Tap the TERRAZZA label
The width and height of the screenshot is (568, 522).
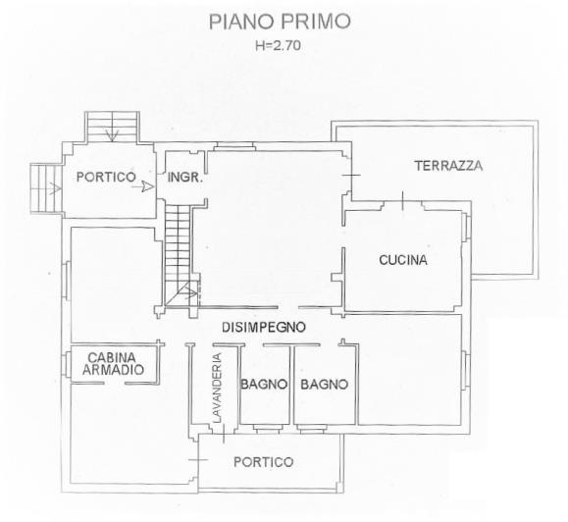[x=447, y=166]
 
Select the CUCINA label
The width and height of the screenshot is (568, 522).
[x=402, y=260]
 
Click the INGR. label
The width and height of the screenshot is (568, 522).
[x=184, y=179]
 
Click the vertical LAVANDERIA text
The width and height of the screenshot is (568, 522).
[x=219, y=388]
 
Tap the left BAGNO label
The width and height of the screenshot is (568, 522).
[x=263, y=385]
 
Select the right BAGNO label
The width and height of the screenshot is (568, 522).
[x=324, y=385]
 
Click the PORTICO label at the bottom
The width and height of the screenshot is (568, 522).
[x=264, y=462]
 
